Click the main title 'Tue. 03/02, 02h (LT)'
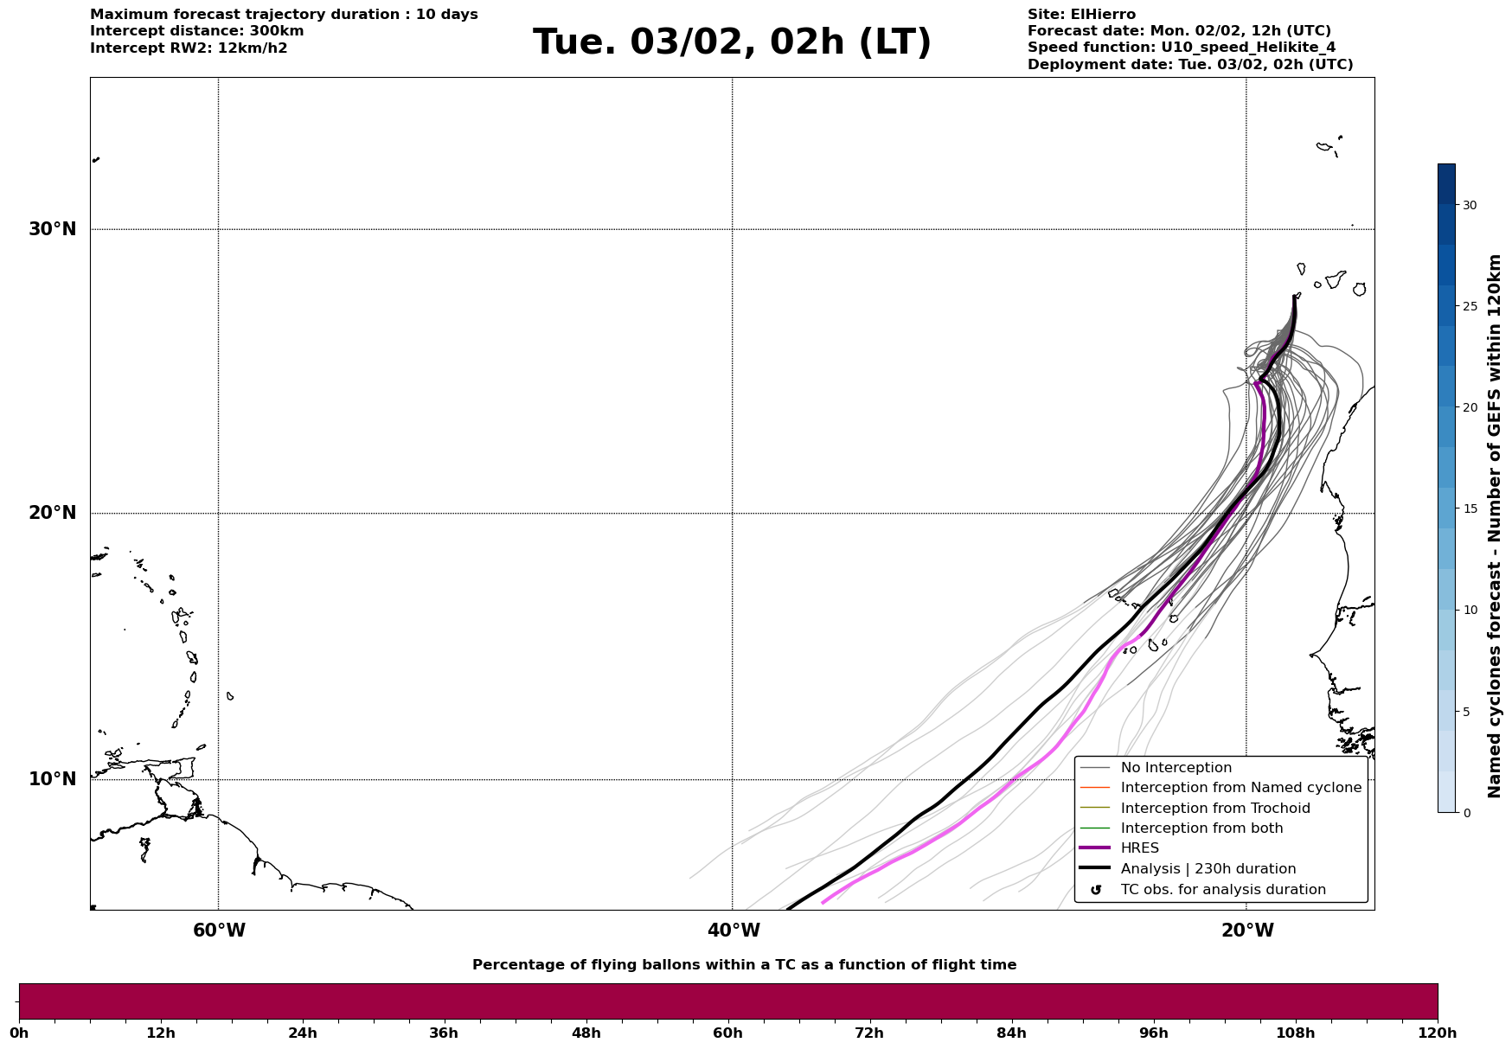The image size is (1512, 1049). (x=732, y=42)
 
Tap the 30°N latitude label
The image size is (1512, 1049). (x=53, y=229)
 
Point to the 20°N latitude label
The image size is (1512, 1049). (x=53, y=513)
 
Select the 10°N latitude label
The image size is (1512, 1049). (x=53, y=779)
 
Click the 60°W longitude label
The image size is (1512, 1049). (x=219, y=931)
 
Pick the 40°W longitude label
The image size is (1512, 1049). (x=734, y=931)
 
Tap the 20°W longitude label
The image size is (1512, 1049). (x=1247, y=931)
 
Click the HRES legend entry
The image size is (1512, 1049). (x=1139, y=848)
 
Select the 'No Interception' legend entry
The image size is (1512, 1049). (x=1176, y=768)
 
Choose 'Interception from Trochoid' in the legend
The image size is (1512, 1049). (x=1214, y=809)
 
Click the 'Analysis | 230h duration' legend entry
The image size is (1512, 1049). (x=1208, y=869)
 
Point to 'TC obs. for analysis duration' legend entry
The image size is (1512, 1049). (x=1222, y=890)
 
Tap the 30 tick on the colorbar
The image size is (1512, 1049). (x=1470, y=205)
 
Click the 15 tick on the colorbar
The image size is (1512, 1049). (x=1470, y=509)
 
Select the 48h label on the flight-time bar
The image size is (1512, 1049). (x=586, y=1033)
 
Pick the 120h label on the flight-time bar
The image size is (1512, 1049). (x=1438, y=1033)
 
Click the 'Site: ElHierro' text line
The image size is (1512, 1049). (x=1081, y=15)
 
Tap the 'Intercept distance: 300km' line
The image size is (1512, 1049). (x=196, y=31)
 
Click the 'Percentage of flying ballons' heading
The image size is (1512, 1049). (x=744, y=965)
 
